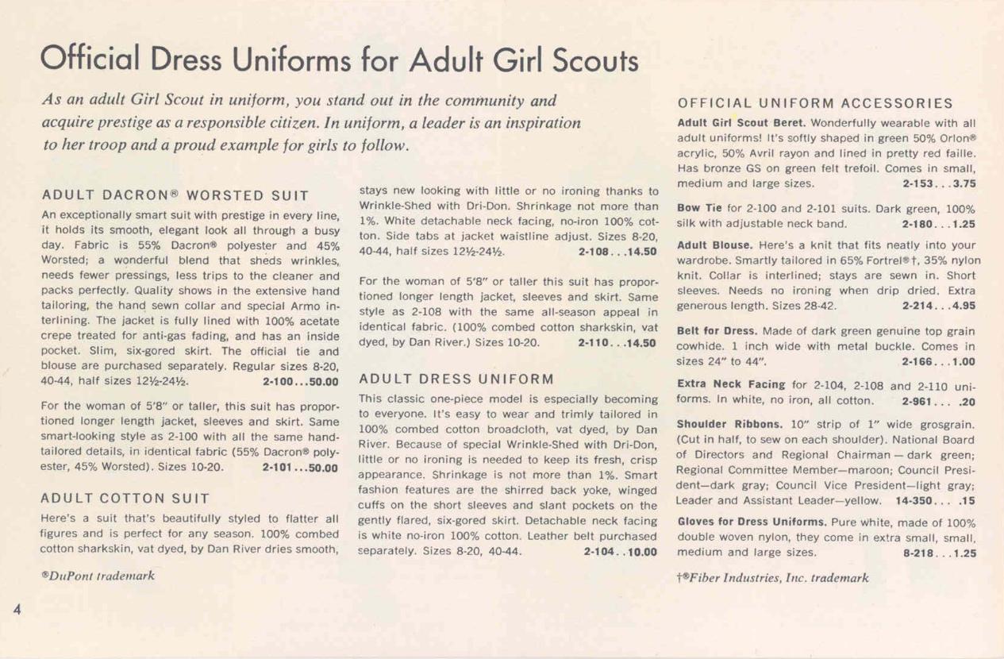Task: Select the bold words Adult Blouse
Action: (x=710, y=247)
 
